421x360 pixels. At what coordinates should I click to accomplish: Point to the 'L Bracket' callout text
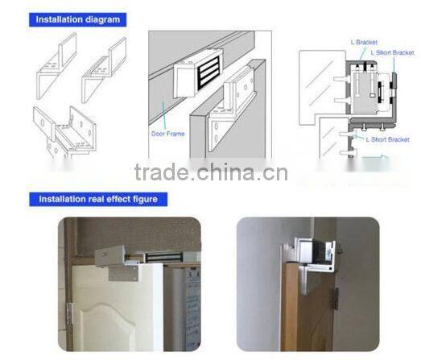365,41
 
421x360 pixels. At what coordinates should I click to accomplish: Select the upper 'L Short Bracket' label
392,52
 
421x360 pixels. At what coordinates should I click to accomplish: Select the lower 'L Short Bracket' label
388,139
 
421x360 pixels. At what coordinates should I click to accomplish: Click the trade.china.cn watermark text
211,172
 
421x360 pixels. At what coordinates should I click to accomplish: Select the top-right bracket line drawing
104,69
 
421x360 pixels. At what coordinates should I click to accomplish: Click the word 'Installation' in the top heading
56,19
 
